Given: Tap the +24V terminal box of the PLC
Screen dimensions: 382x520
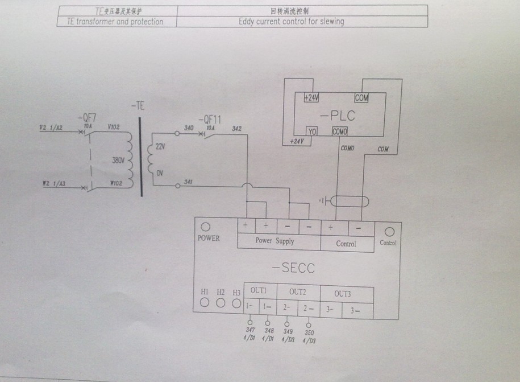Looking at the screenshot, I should pyautogui.click(x=311, y=98).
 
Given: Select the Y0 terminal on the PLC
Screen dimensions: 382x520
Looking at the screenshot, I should pyautogui.click(x=312, y=132).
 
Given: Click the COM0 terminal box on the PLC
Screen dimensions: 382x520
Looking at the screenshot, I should pyautogui.click(x=340, y=132).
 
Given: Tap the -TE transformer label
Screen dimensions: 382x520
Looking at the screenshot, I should pyautogui.click(x=138, y=106).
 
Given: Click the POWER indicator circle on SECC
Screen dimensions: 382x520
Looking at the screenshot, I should pyautogui.click(x=206, y=227).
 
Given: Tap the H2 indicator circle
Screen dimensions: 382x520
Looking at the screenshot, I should pyautogui.click(x=221, y=303).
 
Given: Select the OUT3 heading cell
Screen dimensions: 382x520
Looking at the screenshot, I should pyautogui.click(x=342, y=293).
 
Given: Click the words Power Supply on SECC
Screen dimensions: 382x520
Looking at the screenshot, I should pyautogui.click(x=274, y=241).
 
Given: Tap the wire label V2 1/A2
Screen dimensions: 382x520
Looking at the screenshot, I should pyautogui.click(x=50, y=128).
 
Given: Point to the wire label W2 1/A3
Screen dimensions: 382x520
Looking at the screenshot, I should pyautogui.click(x=53, y=184).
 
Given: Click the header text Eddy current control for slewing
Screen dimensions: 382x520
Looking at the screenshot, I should pyautogui.click(x=291, y=22).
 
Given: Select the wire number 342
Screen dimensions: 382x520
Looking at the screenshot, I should pyautogui.click(x=236, y=129).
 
